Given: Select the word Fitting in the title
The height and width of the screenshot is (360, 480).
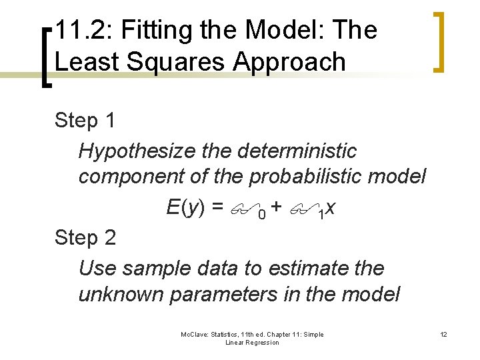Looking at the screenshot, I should (147, 31).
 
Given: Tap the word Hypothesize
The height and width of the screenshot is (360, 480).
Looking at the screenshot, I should (135, 151).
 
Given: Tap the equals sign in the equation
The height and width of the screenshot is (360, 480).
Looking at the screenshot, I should (217, 209).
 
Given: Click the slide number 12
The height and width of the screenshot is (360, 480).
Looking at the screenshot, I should (443, 335).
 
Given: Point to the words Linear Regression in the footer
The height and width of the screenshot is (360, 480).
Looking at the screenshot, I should (252, 343).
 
